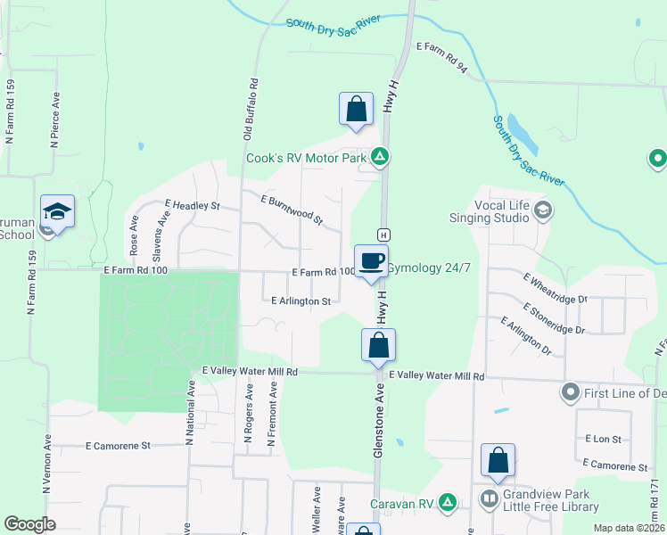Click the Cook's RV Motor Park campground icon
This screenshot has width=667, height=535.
click(x=380, y=158)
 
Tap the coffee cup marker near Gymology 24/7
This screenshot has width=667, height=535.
click(x=372, y=261)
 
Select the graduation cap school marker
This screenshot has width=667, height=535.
click(x=57, y=212)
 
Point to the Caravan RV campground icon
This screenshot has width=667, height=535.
click(x=449, y=504)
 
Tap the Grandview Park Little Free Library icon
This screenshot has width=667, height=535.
click(x=490, y=498)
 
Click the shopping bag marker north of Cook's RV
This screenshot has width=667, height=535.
click(x=356, y=110)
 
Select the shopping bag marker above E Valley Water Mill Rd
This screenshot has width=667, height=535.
click(x=378, y=345)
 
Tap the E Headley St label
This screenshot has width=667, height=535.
click(x=192, y=205)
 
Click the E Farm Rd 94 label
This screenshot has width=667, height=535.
click(x=442, y=56)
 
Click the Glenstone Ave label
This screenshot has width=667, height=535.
click(x=378, y=424)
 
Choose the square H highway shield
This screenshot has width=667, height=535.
click(x=383, y=234)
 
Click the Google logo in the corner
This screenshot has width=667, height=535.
click(x=29, y=524)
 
